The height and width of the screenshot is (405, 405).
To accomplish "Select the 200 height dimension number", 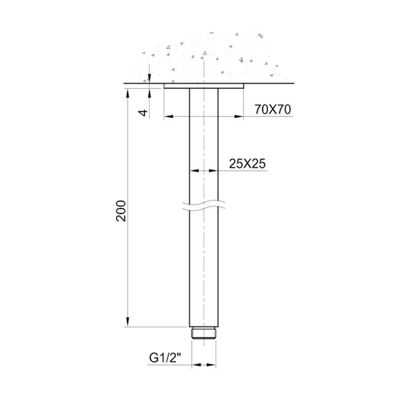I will click(x=120, y=211).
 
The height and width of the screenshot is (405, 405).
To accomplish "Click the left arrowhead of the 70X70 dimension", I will click(x=168, y=117).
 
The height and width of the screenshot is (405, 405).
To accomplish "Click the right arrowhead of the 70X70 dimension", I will click(x=240, y=117).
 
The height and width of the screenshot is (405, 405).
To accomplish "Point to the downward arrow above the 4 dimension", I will click(x=150, y=78).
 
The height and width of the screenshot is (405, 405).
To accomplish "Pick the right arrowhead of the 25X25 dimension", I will click(x=215, y=171).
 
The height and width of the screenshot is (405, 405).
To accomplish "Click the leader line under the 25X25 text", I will click(x=243, y=171).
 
